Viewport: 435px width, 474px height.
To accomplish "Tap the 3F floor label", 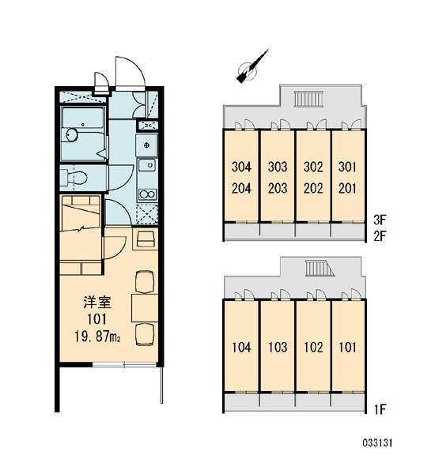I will [381, 223].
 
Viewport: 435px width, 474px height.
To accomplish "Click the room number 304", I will [242, 167].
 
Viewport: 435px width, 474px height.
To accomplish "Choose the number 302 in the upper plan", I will [313, 167].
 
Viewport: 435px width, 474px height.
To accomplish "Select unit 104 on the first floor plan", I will [242, 346].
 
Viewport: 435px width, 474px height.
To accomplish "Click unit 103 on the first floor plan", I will [277, 346].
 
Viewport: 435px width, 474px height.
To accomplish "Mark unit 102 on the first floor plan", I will [313, 346].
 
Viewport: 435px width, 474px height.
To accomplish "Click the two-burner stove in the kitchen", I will [146, 193].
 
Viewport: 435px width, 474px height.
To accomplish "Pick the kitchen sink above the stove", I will [146, 165].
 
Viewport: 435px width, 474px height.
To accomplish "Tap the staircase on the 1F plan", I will [320, 273].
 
